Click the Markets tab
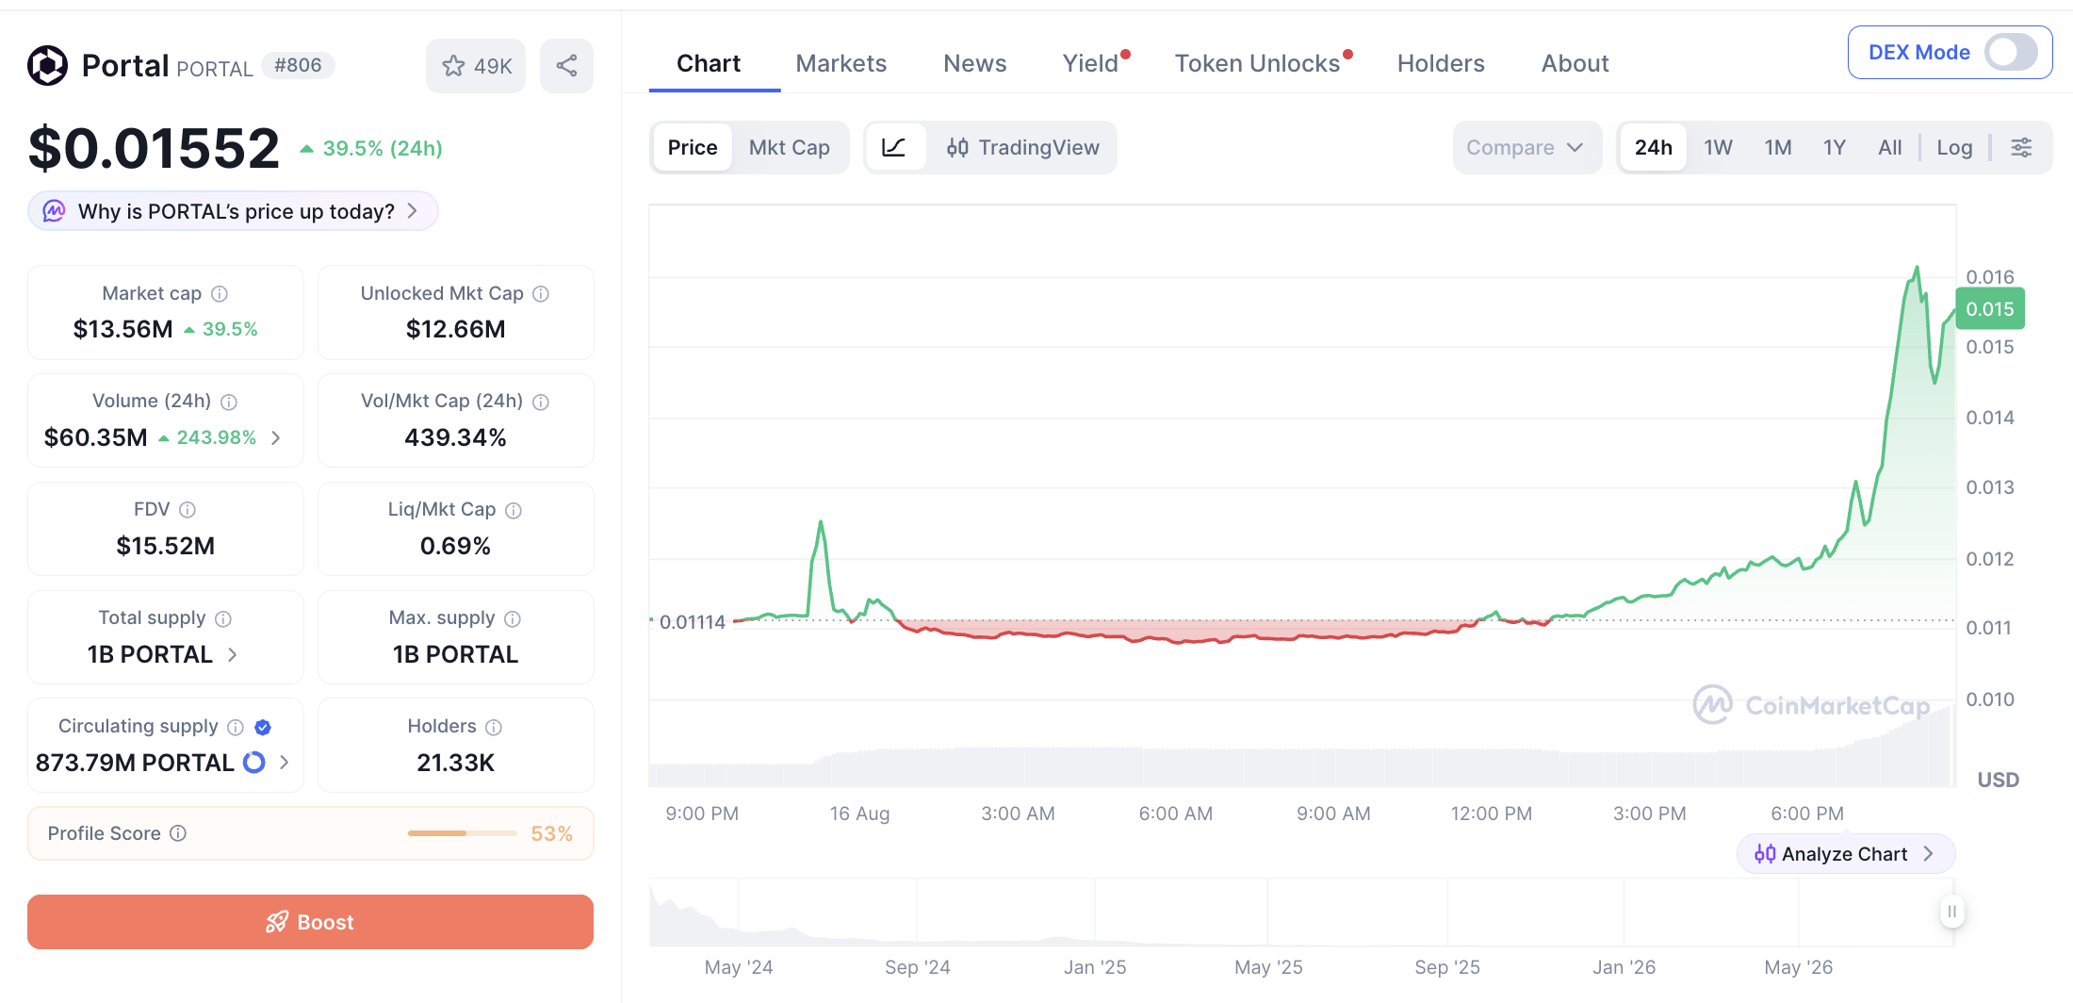pos(841,63)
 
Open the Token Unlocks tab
pos(1257,63)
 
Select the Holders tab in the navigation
pos(1441,63)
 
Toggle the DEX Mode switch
pos(2011,52)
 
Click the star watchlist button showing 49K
pos(476,66)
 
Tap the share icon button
pos(566,66)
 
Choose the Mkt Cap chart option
pos(790,147)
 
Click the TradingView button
pos(1023,147)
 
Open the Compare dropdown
pos(1526,147)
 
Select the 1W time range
pos(1718,147)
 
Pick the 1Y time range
pos(1834,147)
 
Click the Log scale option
pos(1954,147)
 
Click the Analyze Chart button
pos(1845,854)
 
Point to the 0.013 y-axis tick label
pos(1990,487)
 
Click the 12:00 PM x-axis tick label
pos(1491,814)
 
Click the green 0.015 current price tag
pos(1990,309)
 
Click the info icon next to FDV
pos(188,510)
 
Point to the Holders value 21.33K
pos(455,763)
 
